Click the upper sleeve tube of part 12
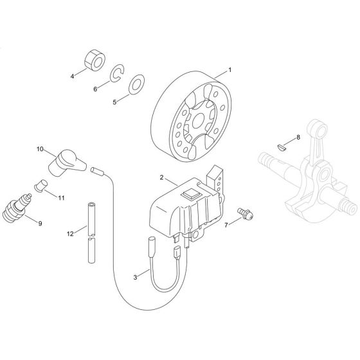click(91, 216)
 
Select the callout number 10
click(39, 150)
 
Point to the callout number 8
click(298, 138)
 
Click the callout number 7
click(226, 226)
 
